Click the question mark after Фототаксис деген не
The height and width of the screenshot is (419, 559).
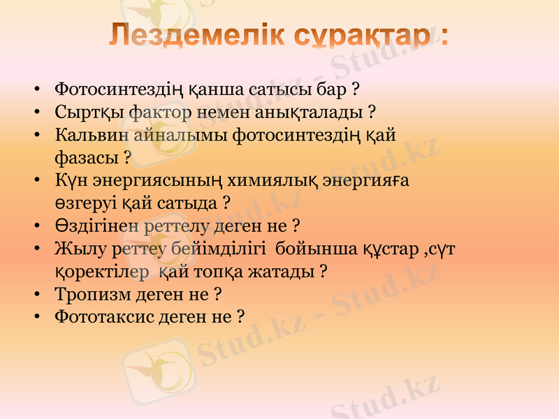click(240, 316)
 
